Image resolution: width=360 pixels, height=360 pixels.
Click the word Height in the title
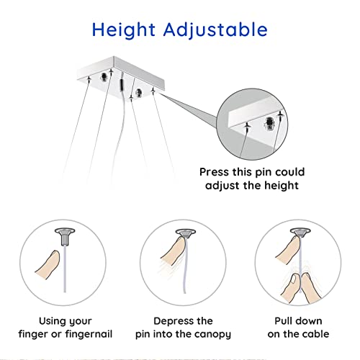[124, 30]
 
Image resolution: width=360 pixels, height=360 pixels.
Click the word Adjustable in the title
[215, 30]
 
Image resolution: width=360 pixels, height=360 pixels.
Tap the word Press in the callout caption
[215, 172]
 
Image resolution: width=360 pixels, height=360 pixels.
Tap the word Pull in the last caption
[283, 321]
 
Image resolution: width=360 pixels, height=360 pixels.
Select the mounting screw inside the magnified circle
[269, 124]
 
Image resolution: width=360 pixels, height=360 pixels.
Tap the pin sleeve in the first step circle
[65, 237]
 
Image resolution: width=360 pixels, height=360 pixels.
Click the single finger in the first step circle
[48, 264]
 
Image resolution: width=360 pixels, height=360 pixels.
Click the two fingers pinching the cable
[301, 288]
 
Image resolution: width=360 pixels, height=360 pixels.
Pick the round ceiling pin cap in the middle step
[186, 233]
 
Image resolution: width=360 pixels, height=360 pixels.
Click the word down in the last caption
[309, 321]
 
